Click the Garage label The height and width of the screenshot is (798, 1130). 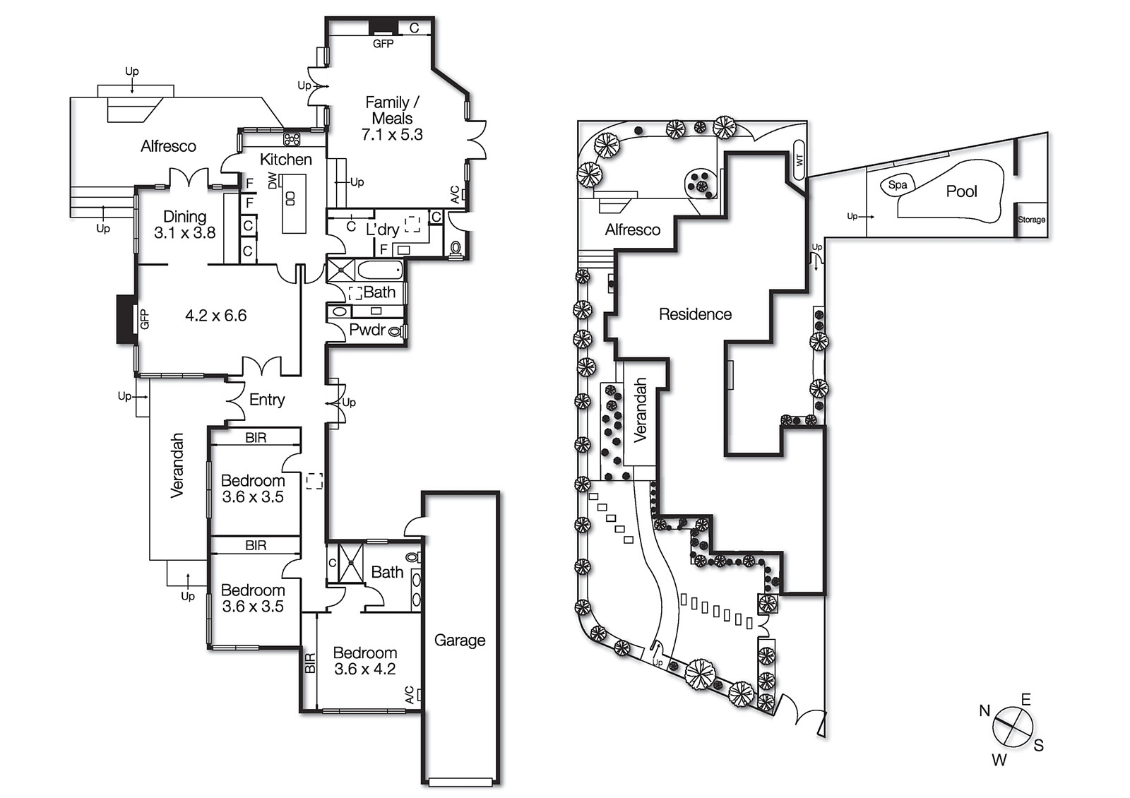click(460, 641)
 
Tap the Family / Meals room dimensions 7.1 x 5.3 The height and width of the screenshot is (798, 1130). click(392, 135)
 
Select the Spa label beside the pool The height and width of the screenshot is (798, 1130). click(898, 185)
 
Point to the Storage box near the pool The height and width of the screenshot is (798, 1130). click(1031, 220)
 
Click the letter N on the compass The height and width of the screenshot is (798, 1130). click(985, 710)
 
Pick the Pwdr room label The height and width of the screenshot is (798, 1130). click(367, 330)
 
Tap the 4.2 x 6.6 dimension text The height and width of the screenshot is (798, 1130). click(216, 316)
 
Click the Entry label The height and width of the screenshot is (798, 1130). click(267, 400)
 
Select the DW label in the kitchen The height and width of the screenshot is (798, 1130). click(273, 180)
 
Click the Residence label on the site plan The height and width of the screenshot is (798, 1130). click(695, 314)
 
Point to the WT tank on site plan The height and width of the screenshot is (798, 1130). click(799, 161)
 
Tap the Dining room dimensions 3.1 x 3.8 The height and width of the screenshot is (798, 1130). click(185, 233)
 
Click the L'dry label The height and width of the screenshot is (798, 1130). click(382, 230)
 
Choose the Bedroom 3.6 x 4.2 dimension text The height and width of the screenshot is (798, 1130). click(365, 669)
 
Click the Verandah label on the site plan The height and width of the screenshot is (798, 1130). click(641, 410)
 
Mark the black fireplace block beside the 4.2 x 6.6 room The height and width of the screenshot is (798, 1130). click(126, 319)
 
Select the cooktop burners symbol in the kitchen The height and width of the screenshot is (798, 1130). click(292, 138)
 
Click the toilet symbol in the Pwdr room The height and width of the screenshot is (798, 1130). click(395, 330)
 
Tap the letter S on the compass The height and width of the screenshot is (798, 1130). click(1038, 746)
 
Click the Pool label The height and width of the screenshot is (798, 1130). click(961, 191)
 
